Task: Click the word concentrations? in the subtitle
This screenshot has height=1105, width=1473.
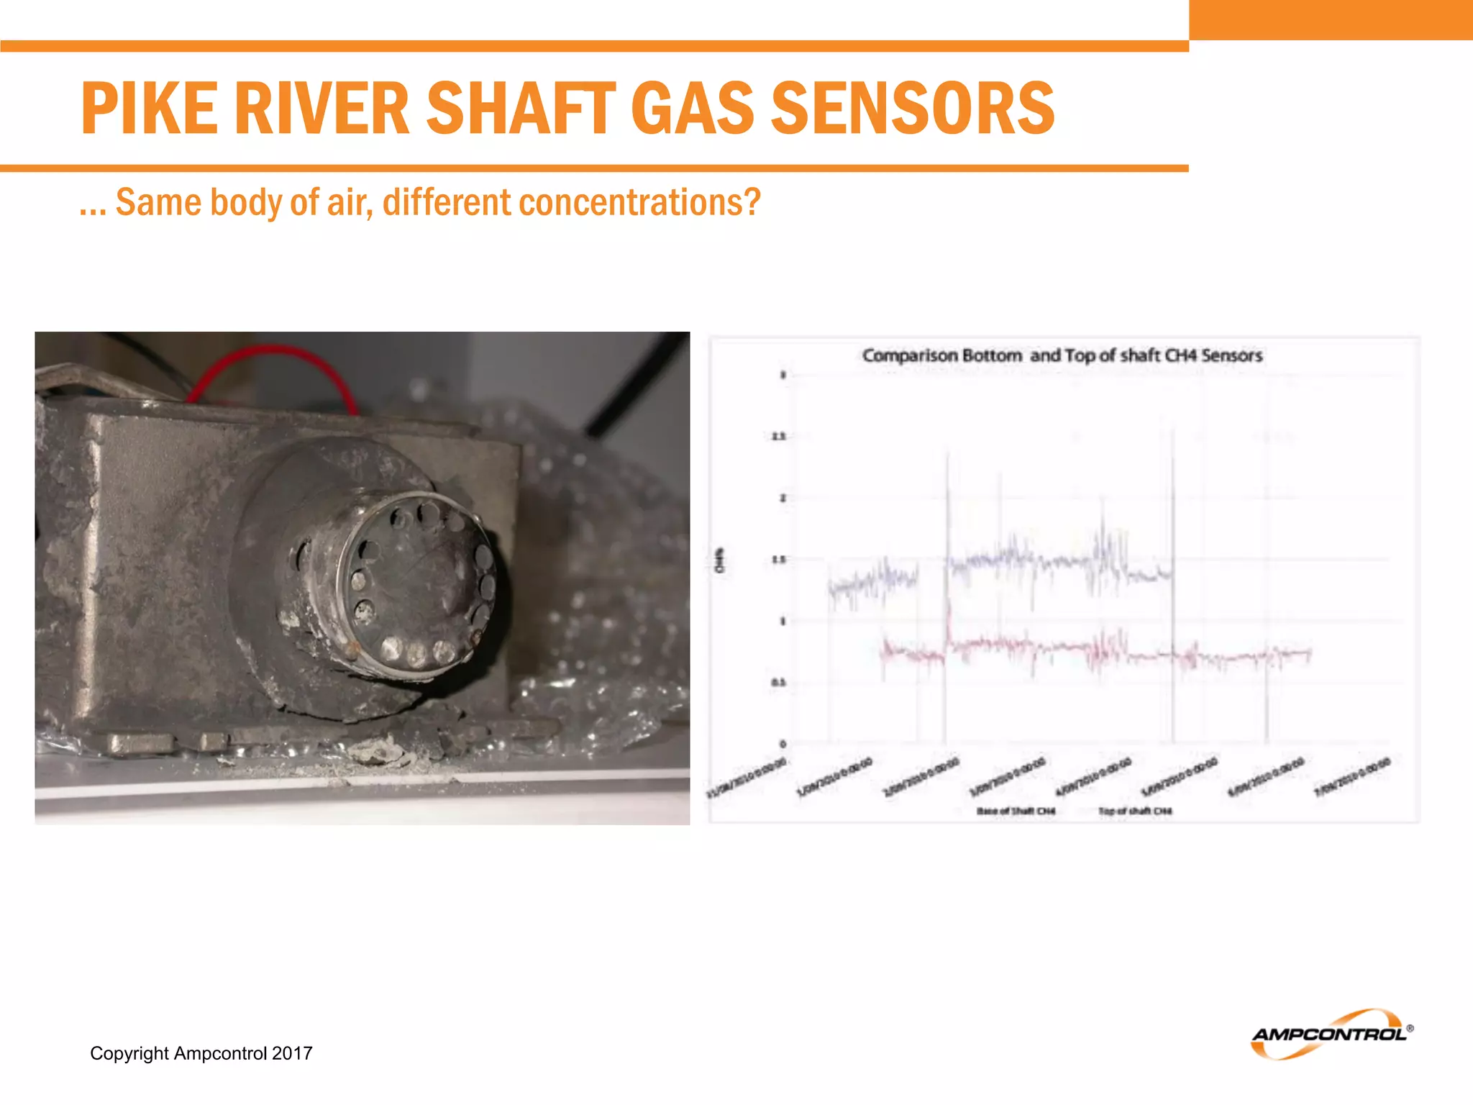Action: click(639, 202)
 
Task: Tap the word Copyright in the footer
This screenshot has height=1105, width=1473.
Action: click(129, 1053)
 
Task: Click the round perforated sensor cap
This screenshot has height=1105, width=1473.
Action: click(417, 583)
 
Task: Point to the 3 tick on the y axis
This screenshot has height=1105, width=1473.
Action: click(783, 375)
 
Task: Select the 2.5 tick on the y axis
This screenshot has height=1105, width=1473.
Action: click(779, 437)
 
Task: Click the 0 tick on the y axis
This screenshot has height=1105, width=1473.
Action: click(783, 744)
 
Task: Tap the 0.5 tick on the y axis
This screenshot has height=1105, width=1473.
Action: click(779, 683)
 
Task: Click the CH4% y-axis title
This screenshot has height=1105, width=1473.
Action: click(720, 560)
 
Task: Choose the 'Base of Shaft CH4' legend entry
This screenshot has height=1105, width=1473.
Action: click(1016, 811)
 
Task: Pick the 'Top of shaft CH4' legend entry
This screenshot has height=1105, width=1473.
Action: click(1135, 811)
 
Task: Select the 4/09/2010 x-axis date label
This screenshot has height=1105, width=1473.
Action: click(1094, 777)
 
